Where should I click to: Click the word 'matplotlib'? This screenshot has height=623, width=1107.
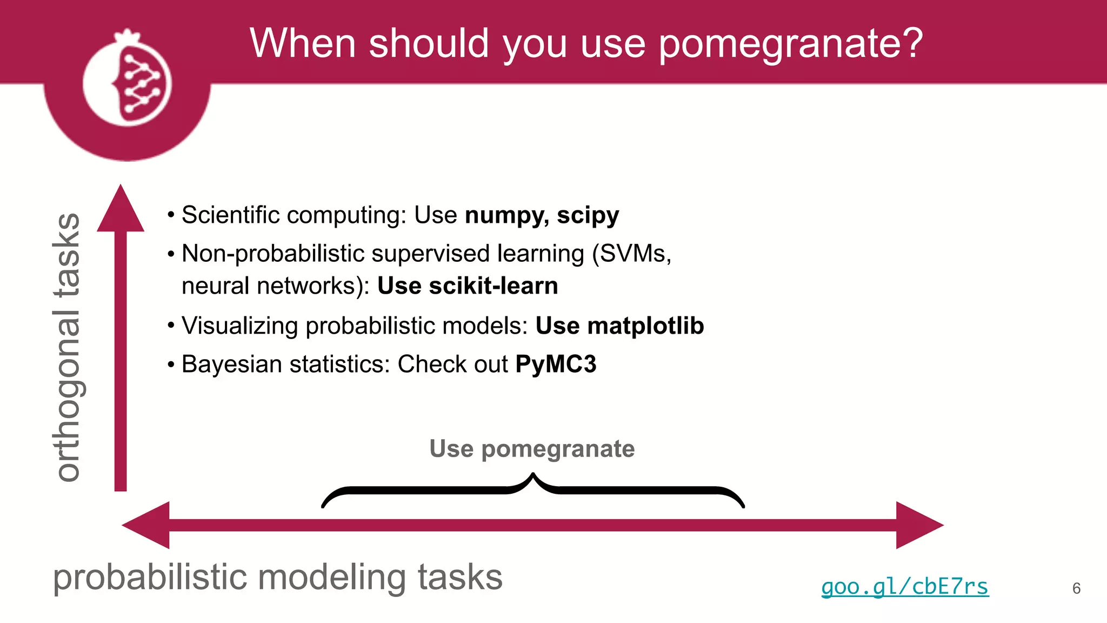click(645, 326)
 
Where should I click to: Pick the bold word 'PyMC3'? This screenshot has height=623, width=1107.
click(556, 364)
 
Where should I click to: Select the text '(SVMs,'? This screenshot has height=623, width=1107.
click(631, 253)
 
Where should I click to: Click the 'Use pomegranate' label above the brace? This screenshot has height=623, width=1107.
click(532, 449)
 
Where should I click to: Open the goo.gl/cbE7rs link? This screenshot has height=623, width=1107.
click(905, 587)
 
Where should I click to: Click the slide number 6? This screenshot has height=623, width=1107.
click(1076, 588)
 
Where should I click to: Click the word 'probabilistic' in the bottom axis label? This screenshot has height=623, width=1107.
click(150, 578)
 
